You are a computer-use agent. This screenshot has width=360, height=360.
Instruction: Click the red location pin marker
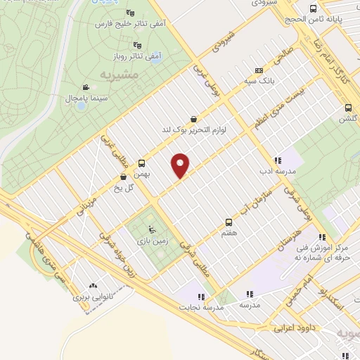[181, 165]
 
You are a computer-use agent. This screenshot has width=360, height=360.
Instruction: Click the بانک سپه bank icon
[259, 70]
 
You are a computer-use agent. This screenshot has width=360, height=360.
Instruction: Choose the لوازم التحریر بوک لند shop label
[193, 129]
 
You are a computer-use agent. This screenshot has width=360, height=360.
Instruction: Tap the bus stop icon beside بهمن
[142, 161]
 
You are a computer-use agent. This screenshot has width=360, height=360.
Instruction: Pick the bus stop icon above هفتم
[228, 221]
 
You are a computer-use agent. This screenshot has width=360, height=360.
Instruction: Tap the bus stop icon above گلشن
[348, 108]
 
